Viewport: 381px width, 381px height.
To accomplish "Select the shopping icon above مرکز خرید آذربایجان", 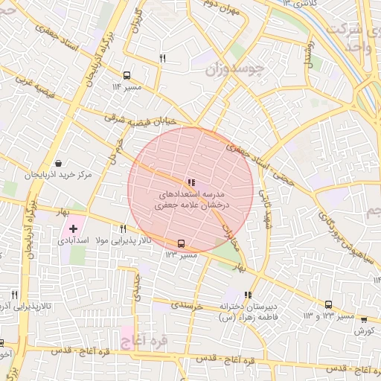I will pos(59,163).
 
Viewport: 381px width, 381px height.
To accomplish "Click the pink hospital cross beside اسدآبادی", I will pos(73,228).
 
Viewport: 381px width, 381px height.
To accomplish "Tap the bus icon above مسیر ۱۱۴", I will pos(127,75).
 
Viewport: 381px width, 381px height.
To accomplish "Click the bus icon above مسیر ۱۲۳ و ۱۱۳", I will pos(328,304).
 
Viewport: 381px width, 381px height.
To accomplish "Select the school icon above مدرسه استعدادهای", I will pos(191,181).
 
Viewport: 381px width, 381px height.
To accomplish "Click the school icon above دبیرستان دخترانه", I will pos(248,294).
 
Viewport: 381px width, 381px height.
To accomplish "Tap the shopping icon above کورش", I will pos(364,319).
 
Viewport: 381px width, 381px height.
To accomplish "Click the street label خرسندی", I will pos(187,305).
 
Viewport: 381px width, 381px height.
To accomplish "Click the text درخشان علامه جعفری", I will pos(192,203).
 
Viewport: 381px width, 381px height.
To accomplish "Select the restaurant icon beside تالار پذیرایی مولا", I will pos(124,228).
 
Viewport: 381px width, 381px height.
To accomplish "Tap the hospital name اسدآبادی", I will pos(71,242).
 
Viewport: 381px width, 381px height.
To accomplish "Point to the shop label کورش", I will pos(364,330).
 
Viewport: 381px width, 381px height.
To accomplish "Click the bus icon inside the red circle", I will pos(181,243).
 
